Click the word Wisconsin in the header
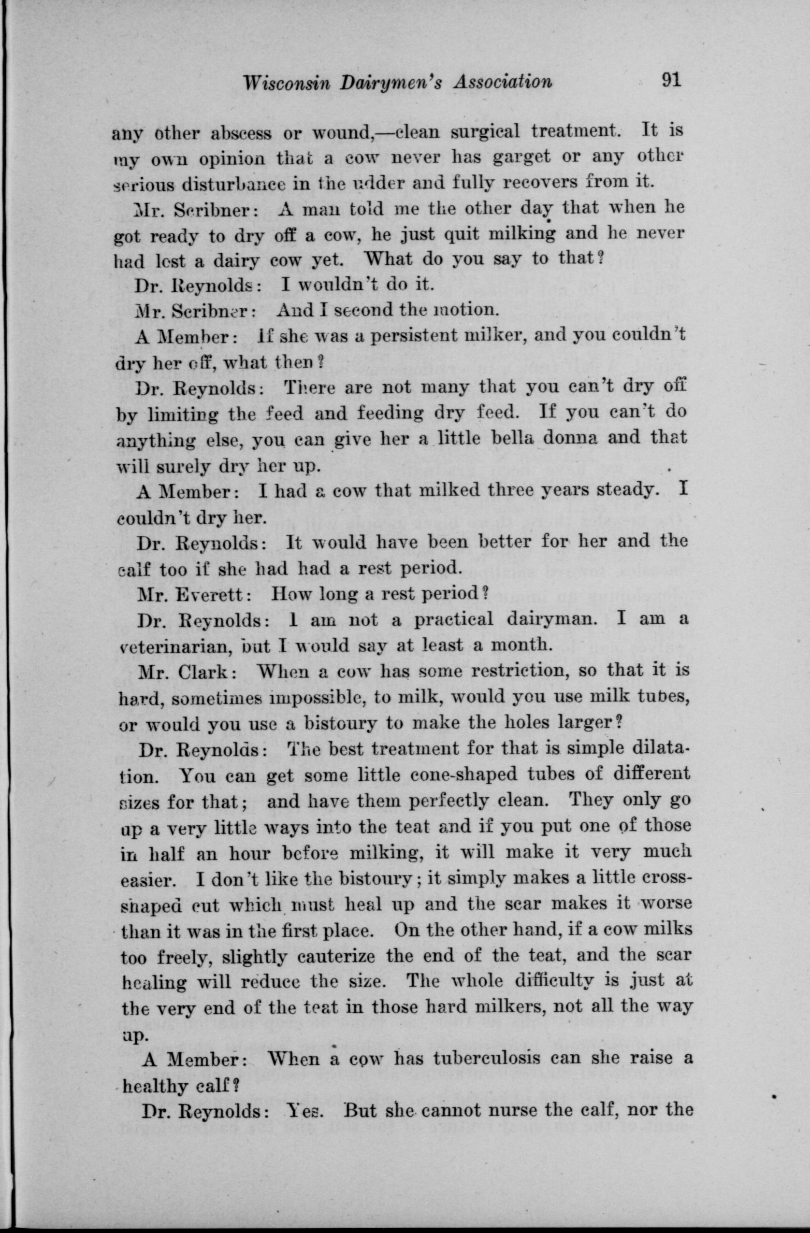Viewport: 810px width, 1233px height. (x=286, y=83)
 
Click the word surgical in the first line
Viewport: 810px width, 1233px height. (x=485, y=131)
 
